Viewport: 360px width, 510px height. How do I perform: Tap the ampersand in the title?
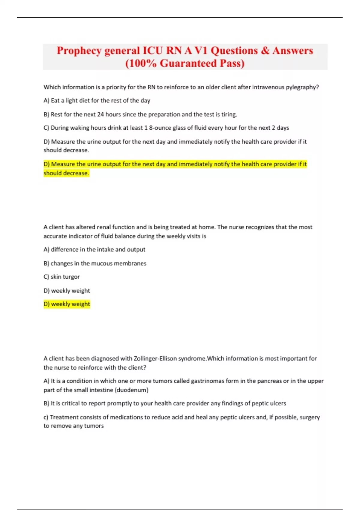(x=265, y=51)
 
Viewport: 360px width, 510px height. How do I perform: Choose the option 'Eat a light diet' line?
(x=97, y=100)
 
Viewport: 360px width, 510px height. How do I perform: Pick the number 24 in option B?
(x=100, y=114)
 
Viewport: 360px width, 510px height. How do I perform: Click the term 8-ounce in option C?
(x=160, y=128)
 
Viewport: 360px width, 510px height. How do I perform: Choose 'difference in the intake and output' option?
(x=94, y=250)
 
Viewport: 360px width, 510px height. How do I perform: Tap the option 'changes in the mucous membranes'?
(x=95, y=263)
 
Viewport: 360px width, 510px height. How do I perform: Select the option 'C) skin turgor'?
(x=61, y=277)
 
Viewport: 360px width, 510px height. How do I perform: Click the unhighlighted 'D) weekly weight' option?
(x=67, y=291)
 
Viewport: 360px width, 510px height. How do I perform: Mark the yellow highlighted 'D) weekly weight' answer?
(x=67, y=304)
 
